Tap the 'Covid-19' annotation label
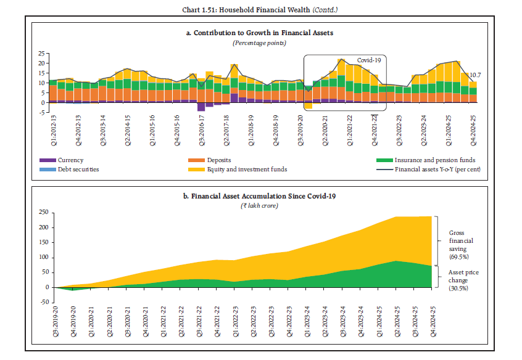[x=369, y=60]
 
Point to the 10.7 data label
[x=475, y=75]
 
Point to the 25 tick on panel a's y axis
[x=43, y=53]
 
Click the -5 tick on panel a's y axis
[x=43, y=113]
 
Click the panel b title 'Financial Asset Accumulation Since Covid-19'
[x=263, y=195]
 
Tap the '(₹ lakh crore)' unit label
[x=259, y=205]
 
